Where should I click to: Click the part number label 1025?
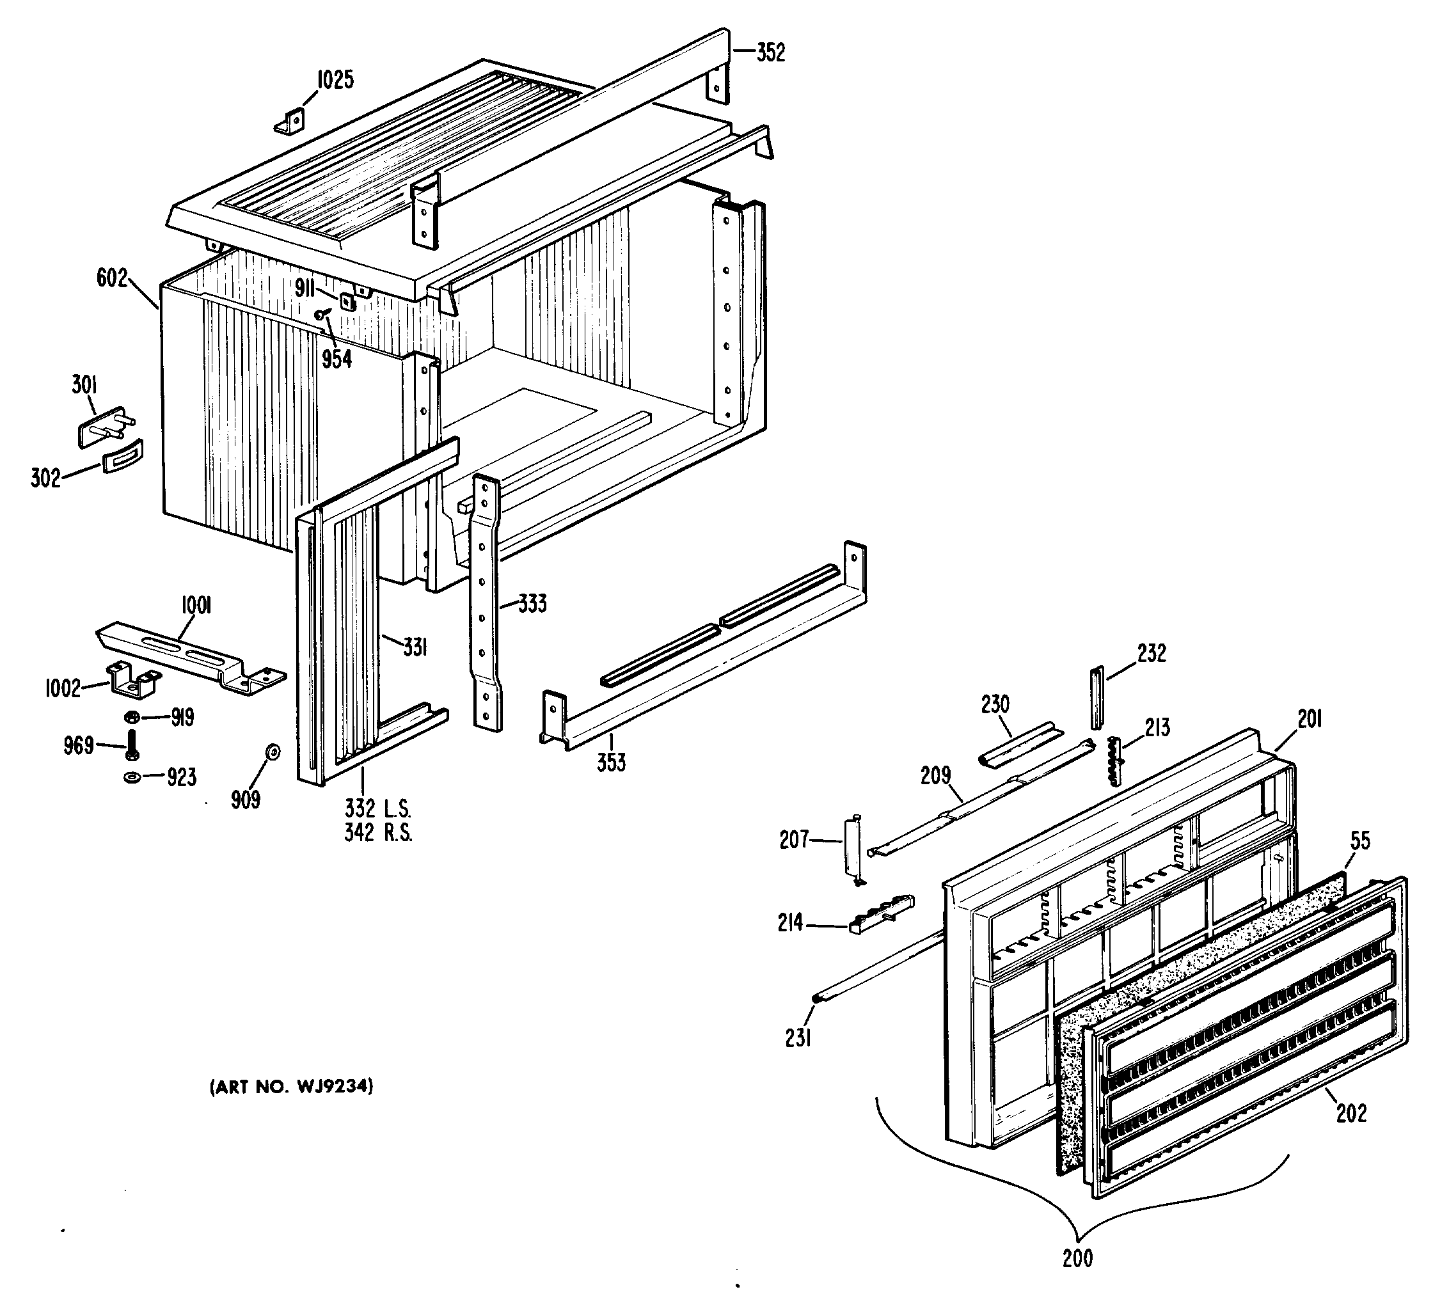tap(335, 81)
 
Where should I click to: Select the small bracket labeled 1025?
tap(290, 122)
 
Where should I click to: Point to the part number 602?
tap(113, 279)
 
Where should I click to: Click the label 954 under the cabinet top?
tap(337, 359)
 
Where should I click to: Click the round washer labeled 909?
tap(273, 752)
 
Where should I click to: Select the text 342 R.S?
tap(378, 832)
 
